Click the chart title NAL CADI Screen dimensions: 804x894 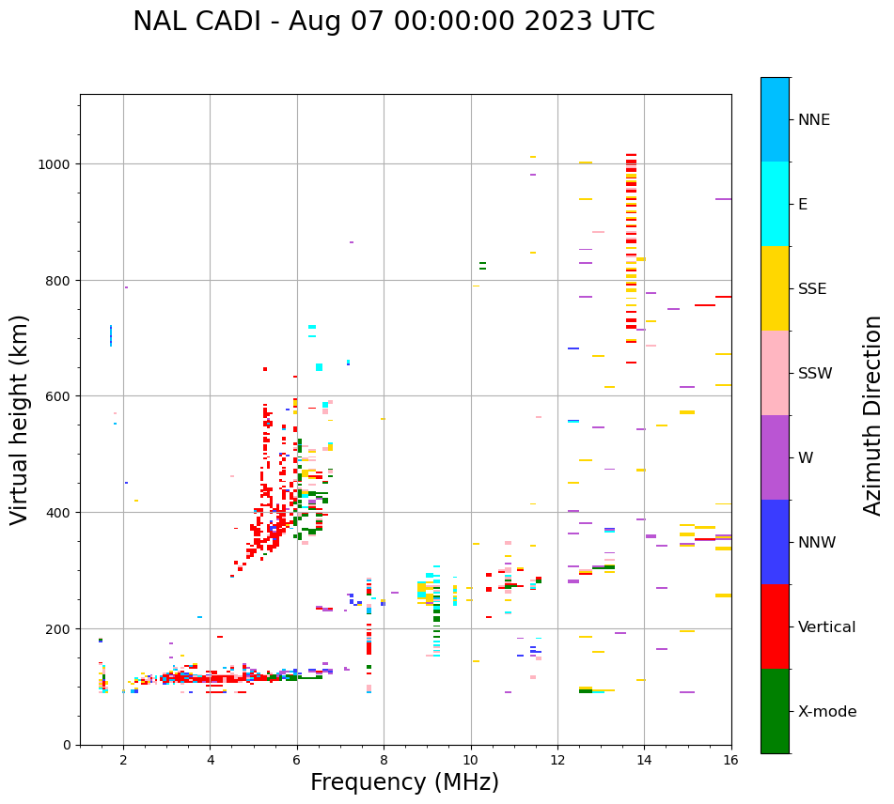(393, 22)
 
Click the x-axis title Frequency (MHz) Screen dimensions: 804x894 (404, 782)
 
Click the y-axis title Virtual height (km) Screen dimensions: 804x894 (20, 419)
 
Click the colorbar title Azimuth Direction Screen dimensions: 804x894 (873, 415)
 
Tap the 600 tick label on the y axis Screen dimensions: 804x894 (60, 396)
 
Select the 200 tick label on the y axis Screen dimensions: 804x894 (60, 628)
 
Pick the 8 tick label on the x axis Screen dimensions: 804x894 (384, 762)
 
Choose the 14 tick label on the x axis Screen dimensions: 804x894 (644, 762)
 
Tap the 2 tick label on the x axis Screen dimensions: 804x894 (123, 762)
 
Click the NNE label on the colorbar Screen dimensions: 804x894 (814, 119)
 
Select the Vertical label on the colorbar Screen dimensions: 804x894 (826, 626)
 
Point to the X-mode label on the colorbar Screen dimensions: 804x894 (827, 711)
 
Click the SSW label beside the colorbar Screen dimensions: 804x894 (815, 373)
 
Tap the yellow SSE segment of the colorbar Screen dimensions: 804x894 (775, 288)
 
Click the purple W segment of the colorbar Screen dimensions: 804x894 (775, 457)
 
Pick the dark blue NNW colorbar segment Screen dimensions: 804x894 (775, 542)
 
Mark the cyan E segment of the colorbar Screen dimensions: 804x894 (775, 204)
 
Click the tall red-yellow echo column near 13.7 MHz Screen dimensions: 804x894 (631, 254)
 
